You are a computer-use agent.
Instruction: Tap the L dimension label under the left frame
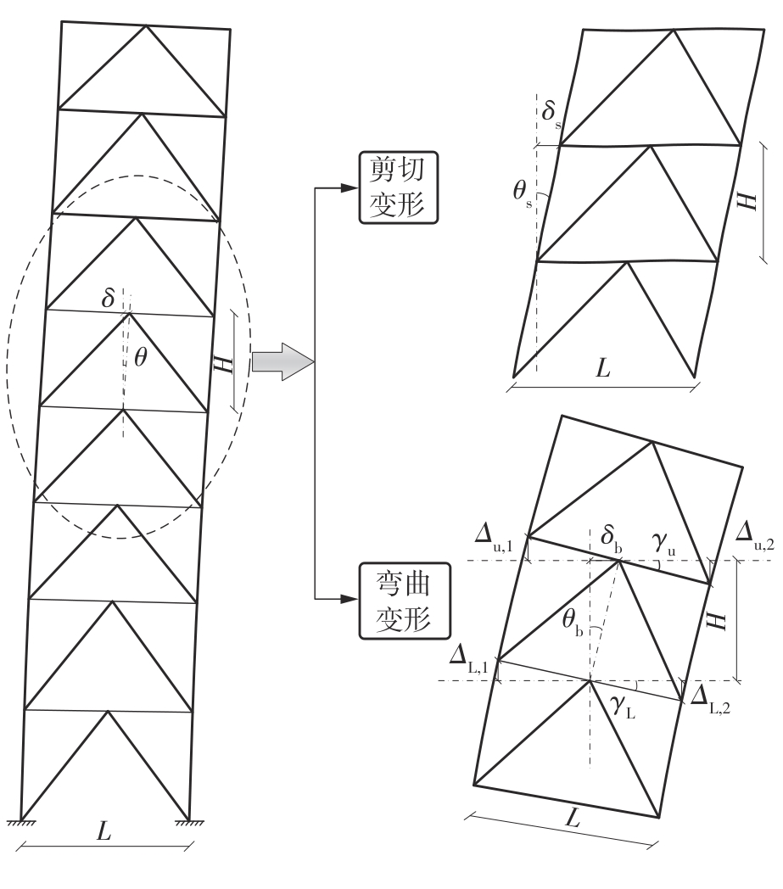click(103, 831)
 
